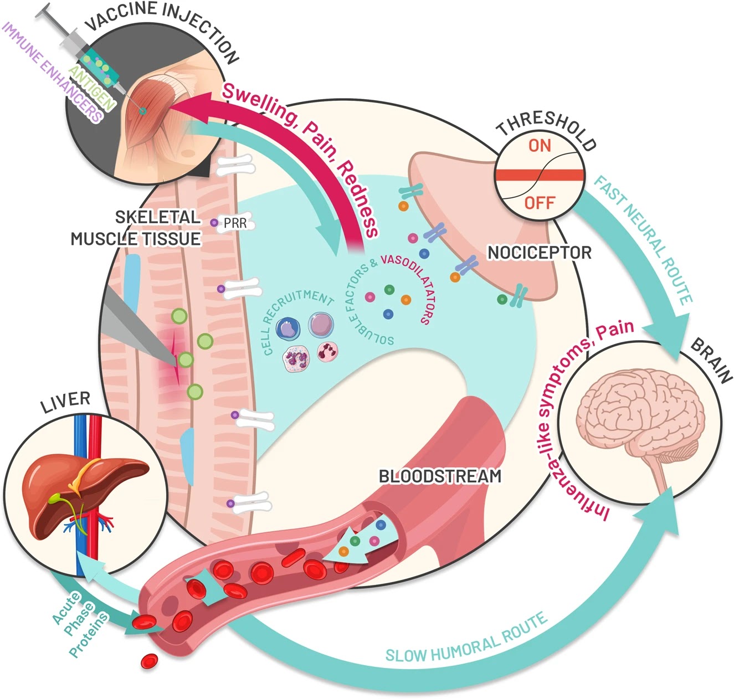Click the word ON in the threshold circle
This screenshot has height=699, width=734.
(x=540, y=146)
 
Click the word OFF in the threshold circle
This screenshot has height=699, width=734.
(x=540, y=203)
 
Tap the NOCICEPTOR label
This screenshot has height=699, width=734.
(x=539, y=253)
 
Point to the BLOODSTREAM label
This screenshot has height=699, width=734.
(x=440, y=476)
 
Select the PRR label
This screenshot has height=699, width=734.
(x=235, y=224)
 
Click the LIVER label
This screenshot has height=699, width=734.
(x=65, y=402)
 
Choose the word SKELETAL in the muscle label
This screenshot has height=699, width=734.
(x=157, y=217)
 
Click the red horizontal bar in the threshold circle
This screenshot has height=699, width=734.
(x=540, y=175)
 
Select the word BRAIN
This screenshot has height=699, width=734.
(x=712, y=360)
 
